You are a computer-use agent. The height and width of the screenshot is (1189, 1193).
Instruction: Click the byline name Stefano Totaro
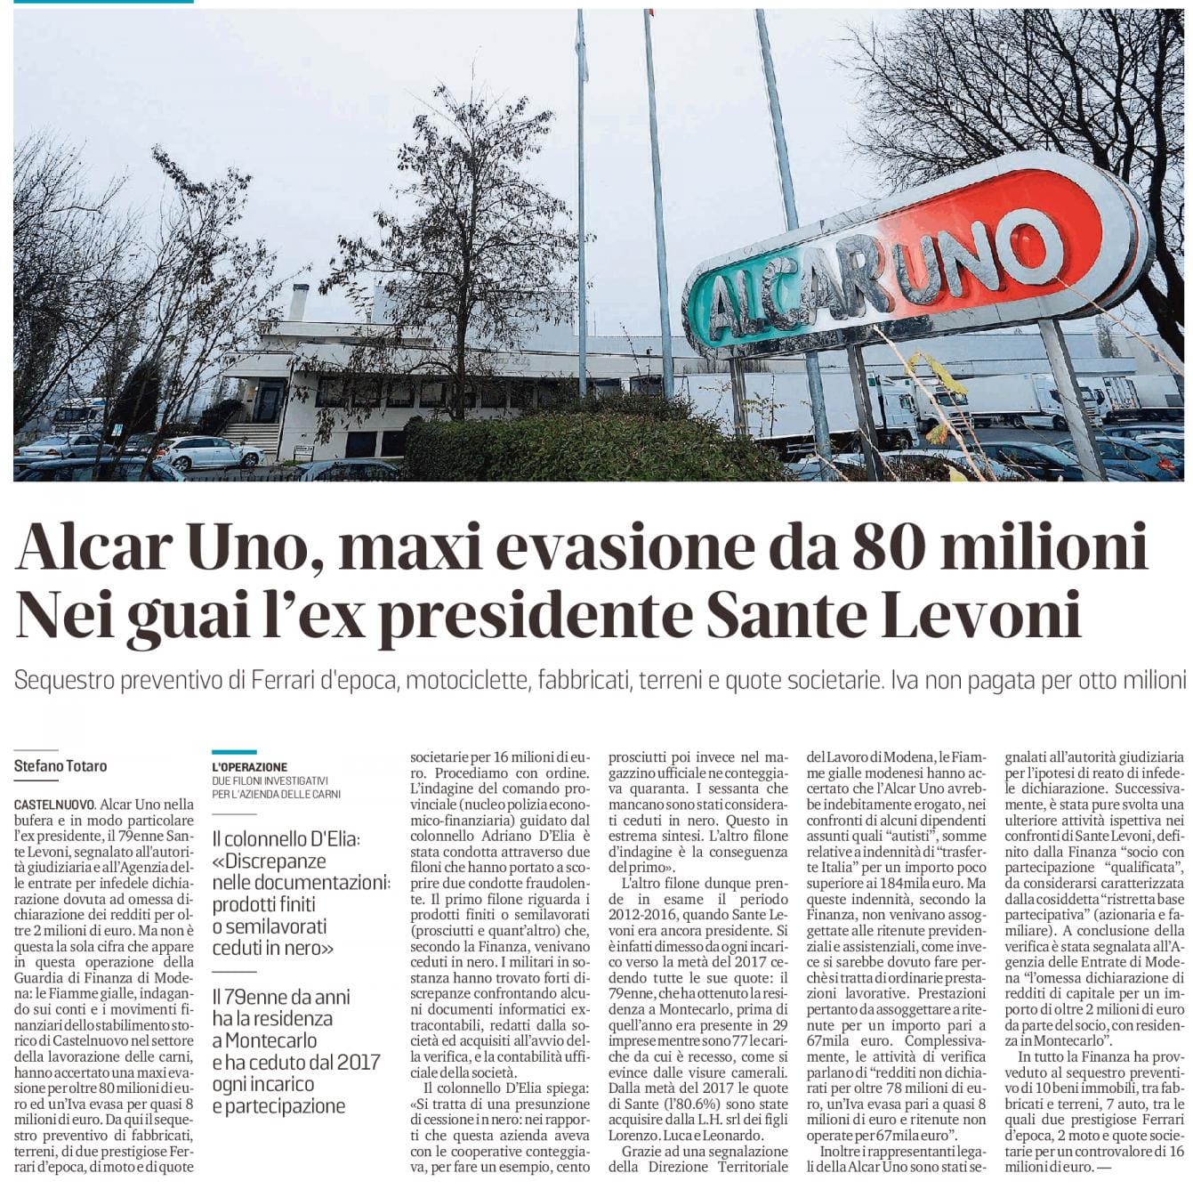pyautogui.click(x=60, y=765)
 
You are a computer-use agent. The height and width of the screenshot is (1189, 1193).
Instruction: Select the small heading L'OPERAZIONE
pyautogui.click(x=250, y=766)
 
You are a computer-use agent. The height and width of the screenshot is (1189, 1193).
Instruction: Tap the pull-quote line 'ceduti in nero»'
pyautogui.click(x=273, y=948)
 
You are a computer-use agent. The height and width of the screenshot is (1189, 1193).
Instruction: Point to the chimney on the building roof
pyautogui.click(x=299, y=303)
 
